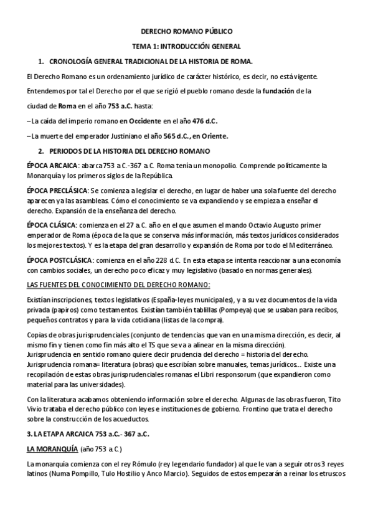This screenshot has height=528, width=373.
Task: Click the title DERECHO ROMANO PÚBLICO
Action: (x=186, y=31)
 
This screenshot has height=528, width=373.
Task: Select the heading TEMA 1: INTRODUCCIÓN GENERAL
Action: (x=186, y=46)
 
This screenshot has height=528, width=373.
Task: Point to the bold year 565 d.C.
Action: (x=178, y=136)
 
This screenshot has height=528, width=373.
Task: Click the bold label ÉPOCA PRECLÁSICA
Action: (x=58, y=189)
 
